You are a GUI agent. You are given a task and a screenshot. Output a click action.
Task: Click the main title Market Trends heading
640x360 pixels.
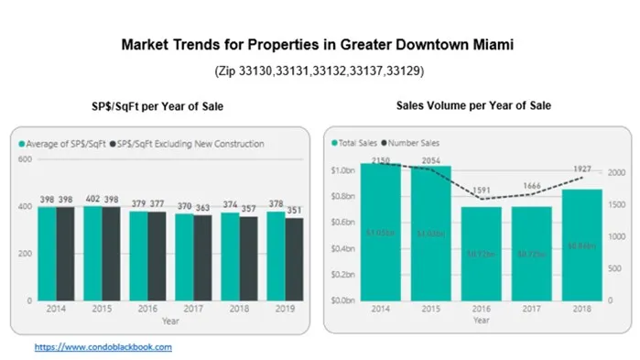point(320,45)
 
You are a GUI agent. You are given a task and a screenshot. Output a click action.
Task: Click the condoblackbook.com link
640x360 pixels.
point(103,347)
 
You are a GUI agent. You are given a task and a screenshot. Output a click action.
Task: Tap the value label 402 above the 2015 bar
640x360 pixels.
point(92,199)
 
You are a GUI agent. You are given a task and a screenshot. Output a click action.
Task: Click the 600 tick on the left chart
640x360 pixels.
point(26,159)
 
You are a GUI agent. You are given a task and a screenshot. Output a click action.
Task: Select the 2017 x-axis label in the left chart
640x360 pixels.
point(192,311)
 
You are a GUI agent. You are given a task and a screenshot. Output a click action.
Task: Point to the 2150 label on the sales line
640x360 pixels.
point(380,160)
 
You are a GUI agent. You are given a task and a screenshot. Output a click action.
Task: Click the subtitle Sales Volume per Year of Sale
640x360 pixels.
point(472,107)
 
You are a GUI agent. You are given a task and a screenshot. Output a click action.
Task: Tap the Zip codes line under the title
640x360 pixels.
point(320,70)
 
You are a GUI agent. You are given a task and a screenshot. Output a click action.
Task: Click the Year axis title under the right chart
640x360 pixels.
point(481,321)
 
